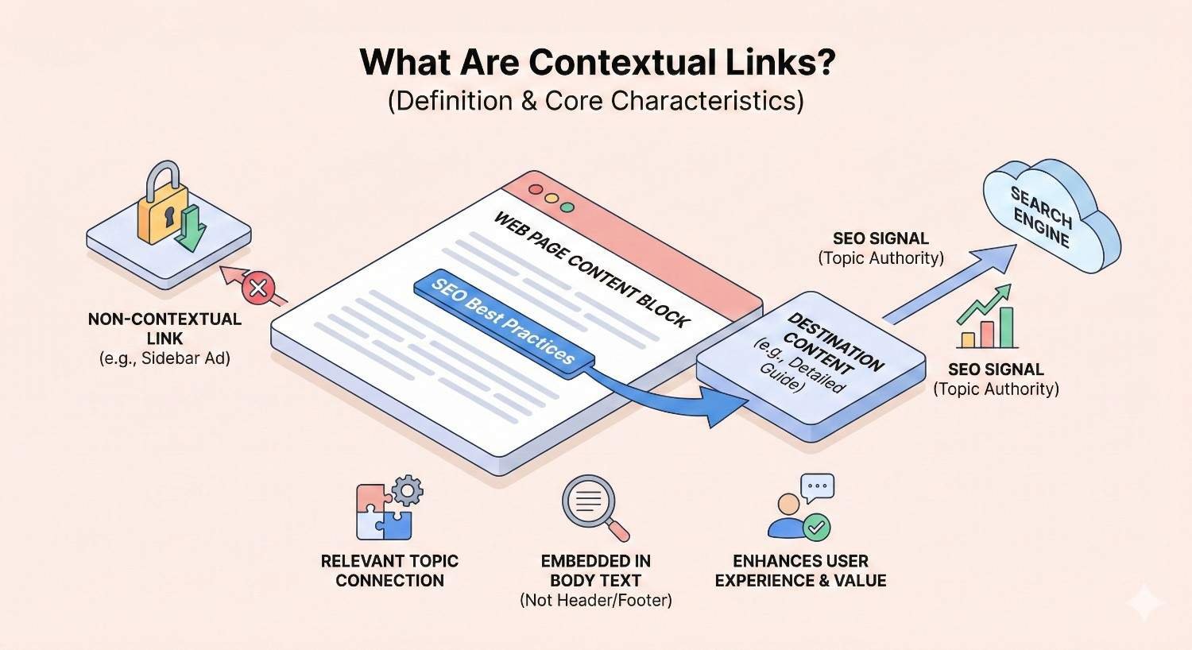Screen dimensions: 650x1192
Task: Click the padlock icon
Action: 164,207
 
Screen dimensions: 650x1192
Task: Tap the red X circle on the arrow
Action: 258,288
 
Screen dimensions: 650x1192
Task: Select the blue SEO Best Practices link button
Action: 503,321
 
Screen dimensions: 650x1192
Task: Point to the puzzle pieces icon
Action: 385,513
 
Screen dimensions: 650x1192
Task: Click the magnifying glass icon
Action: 592,506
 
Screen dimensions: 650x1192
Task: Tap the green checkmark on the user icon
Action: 815,526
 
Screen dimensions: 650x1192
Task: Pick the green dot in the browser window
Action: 567,207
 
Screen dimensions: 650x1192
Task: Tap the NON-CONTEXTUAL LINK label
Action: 164,328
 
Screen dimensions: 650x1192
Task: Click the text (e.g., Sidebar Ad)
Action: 164,358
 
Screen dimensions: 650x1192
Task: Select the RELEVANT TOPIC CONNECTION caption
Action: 389,571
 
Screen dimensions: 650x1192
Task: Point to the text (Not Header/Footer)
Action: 596,600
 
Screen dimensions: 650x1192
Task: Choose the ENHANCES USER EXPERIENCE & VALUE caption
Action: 800,571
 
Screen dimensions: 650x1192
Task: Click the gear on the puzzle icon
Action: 408,490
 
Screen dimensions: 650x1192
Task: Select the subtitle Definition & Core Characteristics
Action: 596,101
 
